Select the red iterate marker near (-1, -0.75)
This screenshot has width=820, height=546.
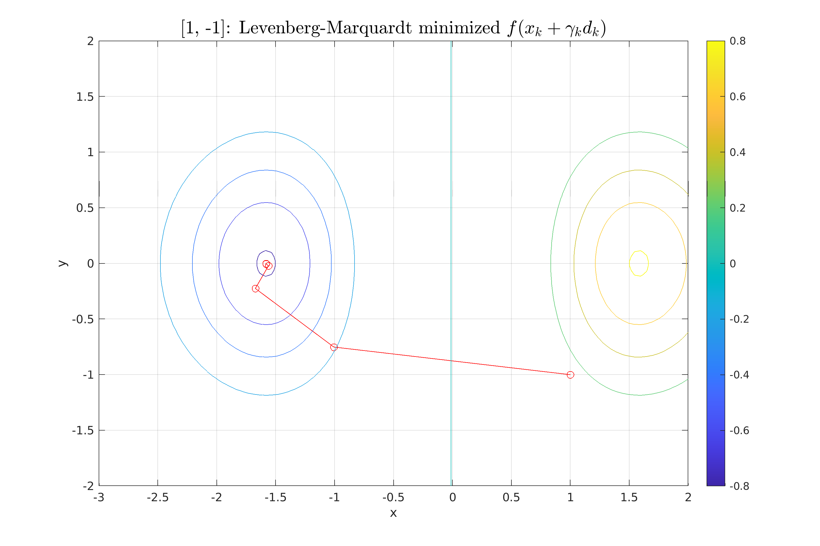[x=334, y=347]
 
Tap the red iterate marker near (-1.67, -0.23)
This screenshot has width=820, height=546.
[x=255, y=288]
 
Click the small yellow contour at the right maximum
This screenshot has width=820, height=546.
[x=639, y=263]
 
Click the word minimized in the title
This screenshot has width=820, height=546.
[x=459, y=28]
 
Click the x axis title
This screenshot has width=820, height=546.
[x=393, y=513]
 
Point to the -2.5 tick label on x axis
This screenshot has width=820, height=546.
[x=158, y=497]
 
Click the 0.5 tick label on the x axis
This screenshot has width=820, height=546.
[x=511, y=497]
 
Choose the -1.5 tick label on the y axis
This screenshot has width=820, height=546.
[x=83, y=431]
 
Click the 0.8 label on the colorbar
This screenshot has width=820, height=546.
[x=737, y=41]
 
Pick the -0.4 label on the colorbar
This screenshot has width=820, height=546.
[x=739, y=375]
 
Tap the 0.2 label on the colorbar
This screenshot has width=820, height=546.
[x=737, y=208]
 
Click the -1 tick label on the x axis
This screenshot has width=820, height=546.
[x=334, y=497]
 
